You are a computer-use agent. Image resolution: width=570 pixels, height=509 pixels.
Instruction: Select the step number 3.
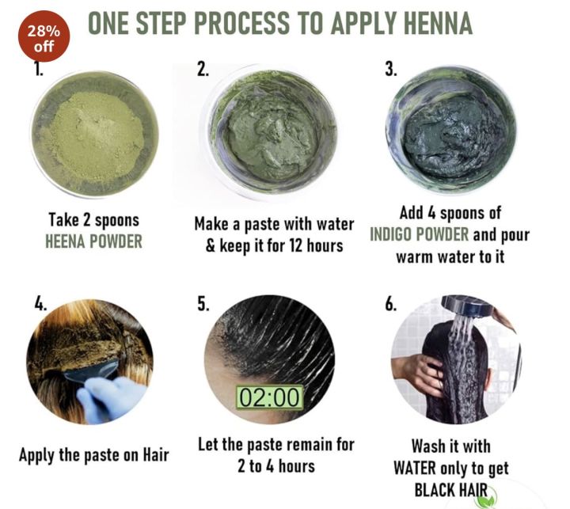(390, 70)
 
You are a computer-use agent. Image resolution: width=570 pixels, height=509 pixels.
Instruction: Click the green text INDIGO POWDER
(422, 236)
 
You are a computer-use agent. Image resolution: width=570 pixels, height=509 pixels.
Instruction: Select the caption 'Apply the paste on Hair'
(94, 455)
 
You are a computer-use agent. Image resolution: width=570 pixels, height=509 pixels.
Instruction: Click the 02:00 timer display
(270, 397)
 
